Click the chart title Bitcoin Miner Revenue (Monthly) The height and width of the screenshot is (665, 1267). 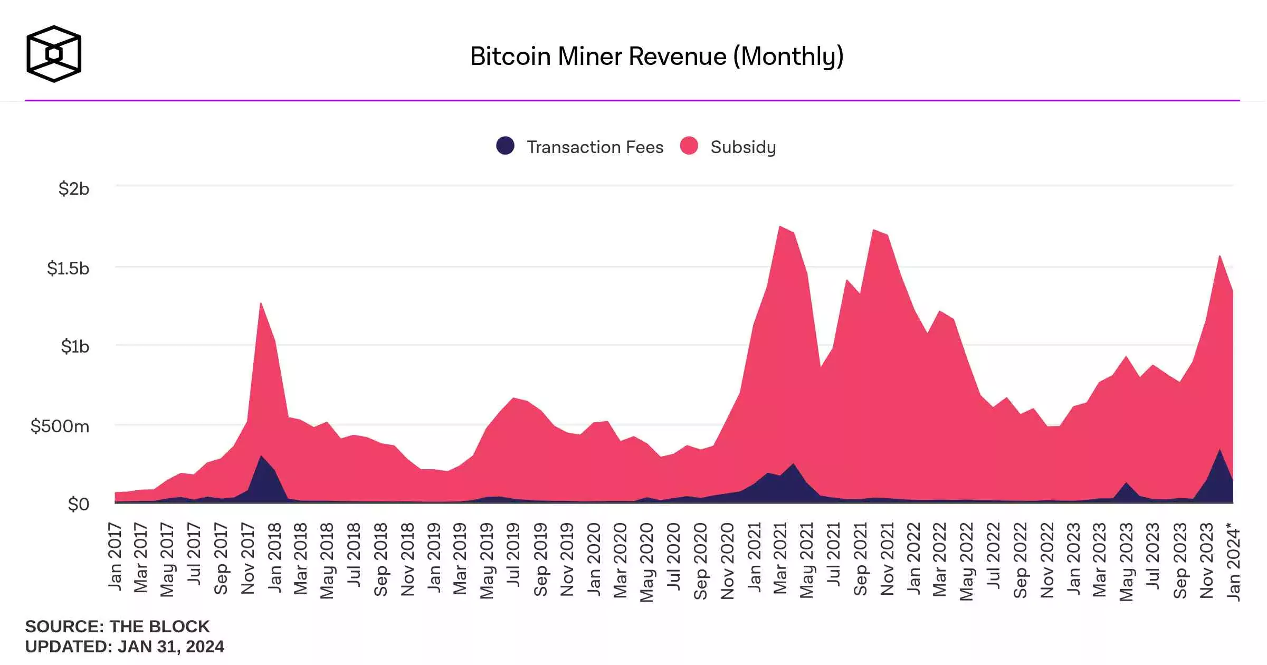pos(656,56)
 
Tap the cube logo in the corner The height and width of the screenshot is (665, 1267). pos(54,54)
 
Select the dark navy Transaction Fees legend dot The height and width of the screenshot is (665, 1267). pos(505,146)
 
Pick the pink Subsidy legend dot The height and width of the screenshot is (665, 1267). pos(689,146)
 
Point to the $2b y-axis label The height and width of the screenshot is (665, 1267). pos(74,188)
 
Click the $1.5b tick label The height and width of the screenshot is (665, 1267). pos(68,268)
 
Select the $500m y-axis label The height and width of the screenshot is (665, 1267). pos(60,426)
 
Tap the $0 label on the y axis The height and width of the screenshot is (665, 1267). pos(79,504)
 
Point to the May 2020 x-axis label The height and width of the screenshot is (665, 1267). pos(647,562)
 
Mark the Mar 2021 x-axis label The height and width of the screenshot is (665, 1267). pos(780,558)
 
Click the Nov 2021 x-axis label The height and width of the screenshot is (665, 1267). pos(887,558)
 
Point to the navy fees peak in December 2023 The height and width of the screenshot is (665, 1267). pos(1220,452)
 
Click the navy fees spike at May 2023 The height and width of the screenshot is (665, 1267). pos(1126,484)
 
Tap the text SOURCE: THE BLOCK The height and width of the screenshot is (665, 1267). pos(117,626)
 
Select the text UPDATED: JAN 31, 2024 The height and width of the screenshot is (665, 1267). pos(125,647)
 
